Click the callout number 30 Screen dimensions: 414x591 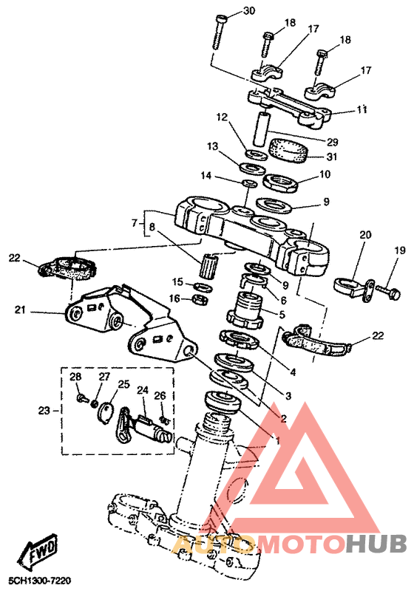coord(249,10)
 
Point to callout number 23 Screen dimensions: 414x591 coord(44,410)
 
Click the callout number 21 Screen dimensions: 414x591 coord(21,310)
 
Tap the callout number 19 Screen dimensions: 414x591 coord(400,250)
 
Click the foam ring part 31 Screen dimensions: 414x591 coord(289,151)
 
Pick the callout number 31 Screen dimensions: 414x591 coord(332,156)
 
